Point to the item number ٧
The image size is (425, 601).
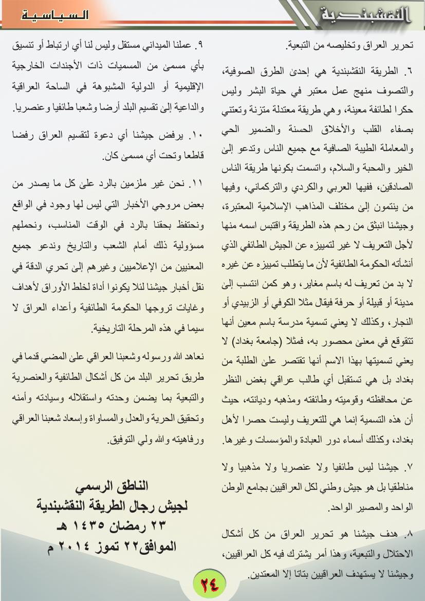[409, 467]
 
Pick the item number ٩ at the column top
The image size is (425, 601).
[201, 45]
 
